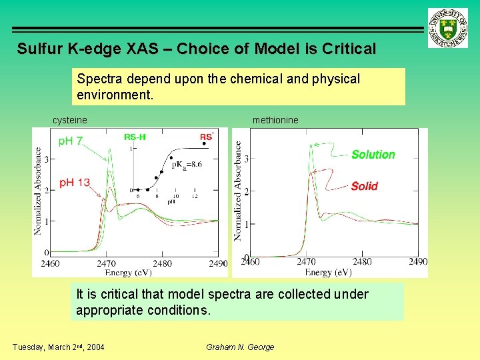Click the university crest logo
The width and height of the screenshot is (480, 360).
[449, 29]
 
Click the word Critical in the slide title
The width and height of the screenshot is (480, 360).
[349, 49]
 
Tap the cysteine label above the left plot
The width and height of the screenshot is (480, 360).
[70, 120]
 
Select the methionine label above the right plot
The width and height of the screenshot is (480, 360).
[275, 120]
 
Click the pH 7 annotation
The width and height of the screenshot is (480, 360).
[71, 141]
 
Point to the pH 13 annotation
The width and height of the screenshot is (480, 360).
[75, 183]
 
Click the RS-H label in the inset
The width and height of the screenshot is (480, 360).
[135, 137]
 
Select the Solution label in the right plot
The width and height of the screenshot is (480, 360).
[373, 155]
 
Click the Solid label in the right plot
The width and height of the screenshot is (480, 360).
[364, 186]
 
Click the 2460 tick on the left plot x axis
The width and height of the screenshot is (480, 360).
[49, 264]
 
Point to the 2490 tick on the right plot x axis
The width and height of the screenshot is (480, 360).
[418, 262]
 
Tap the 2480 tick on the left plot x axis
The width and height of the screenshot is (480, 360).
[163, 264]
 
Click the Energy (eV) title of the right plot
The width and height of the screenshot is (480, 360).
[328, 272]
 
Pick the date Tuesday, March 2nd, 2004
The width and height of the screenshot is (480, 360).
[58, 347]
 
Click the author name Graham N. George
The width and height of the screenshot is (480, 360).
[239, 347]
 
